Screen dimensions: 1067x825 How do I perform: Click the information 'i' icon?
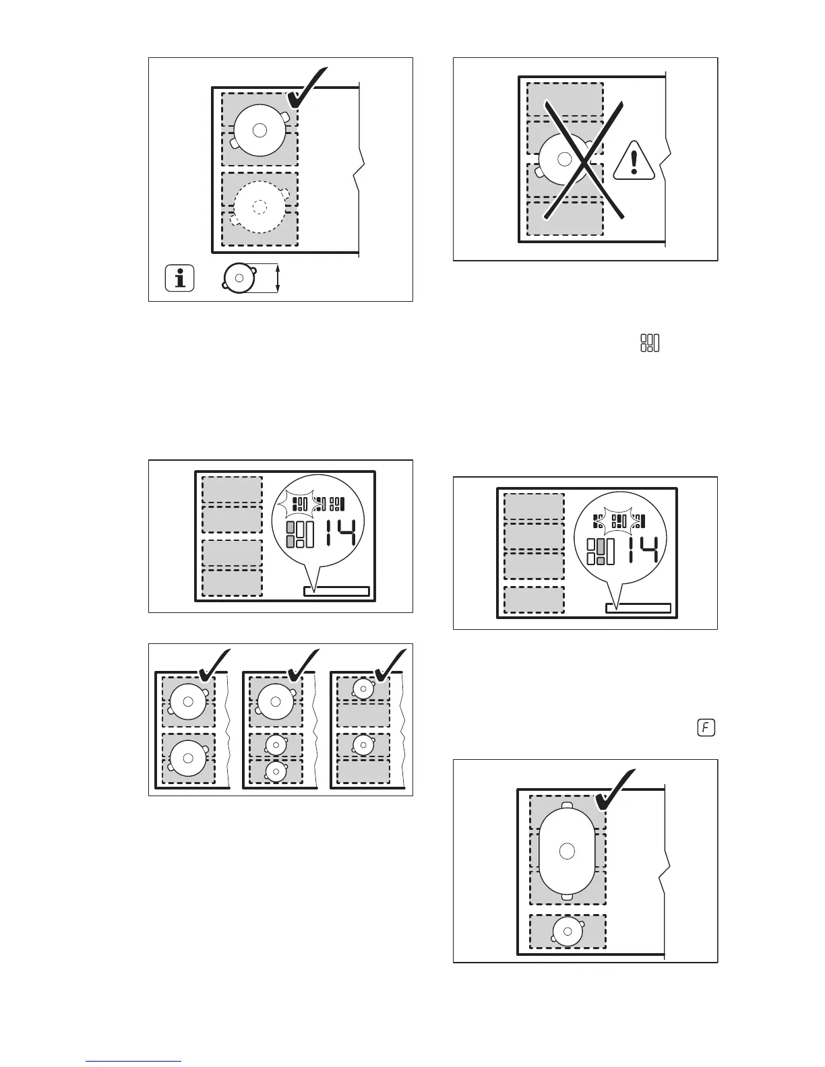click(x=179, y=278)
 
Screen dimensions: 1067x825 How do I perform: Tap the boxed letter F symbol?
click(x=706, y=728)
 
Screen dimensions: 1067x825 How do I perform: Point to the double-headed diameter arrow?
click(x=278, y=278)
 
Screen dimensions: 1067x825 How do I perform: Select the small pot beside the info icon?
click(x=239, y=278)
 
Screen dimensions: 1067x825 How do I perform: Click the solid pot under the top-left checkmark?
click(x=260, y=130)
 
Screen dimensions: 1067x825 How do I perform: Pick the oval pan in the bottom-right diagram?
click(x=567, y=851)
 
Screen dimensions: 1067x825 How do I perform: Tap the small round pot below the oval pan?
click(x=568, y=931)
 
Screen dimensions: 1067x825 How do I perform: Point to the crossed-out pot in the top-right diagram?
click(x=565, y=159)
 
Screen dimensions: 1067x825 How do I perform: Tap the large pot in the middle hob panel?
click(x=275, y=701)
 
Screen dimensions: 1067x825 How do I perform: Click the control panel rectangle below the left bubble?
click(x=336, y=591)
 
